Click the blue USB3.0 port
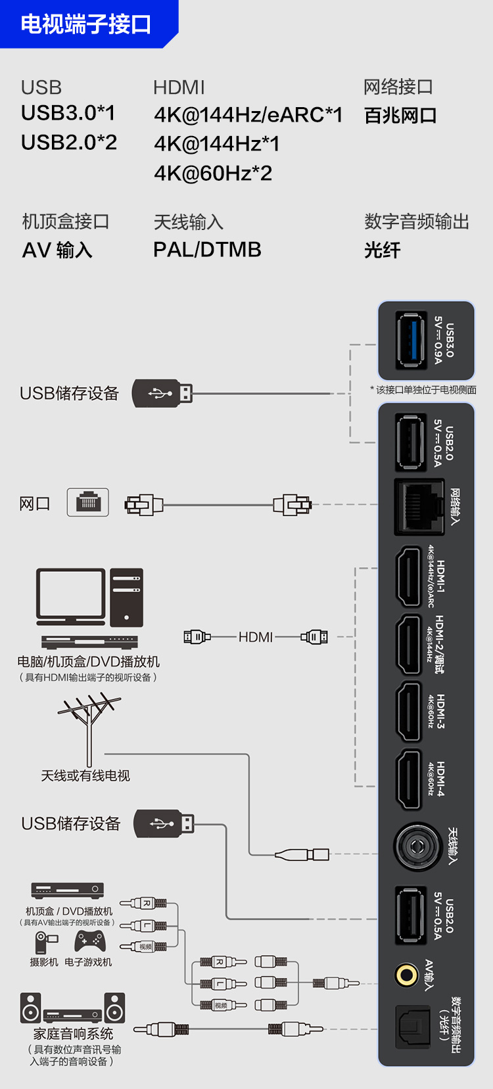point(410,340)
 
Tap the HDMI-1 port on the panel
point(408,577)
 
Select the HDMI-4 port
point(408,779)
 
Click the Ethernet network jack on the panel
point(419,507)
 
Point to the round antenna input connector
point(417,846)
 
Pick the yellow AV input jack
point(406,974)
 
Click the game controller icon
point(89,942)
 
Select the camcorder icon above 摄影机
point(46,942)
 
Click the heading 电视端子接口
point(85,24)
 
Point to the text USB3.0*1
point(68,113)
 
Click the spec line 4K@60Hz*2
point(213,173)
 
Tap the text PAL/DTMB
point(207,250)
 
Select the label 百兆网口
point(400,116)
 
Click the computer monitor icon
point(70,596)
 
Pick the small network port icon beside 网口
point(88,503)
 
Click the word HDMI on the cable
point(256,637)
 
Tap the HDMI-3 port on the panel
point(408,712)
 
